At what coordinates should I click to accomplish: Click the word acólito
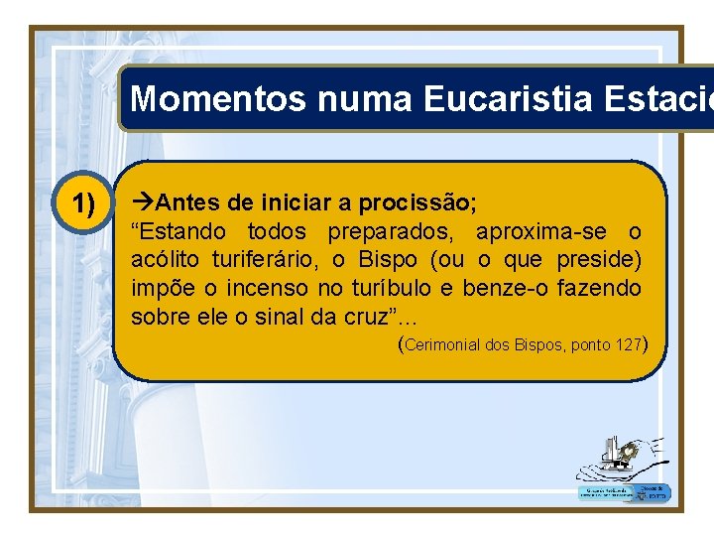pos(165,260)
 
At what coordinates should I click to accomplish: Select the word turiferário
pos(261,260)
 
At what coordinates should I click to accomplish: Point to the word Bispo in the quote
pos(389,260)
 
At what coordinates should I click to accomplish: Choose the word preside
pos(599,260)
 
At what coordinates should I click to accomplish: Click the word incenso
pos(266,289)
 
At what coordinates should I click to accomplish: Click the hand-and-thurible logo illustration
pos(621,458)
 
